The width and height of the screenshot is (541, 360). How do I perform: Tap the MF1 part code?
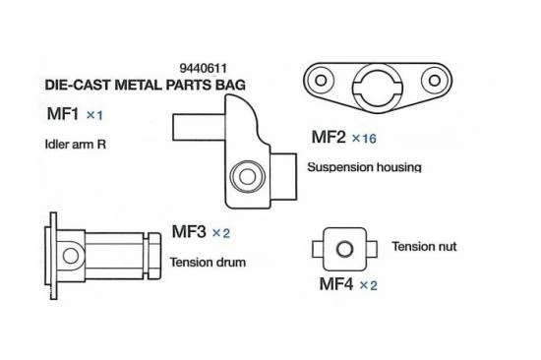(63, 115)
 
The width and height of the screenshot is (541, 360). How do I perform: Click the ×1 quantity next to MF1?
(94, 116)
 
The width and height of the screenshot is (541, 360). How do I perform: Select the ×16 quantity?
(363, 139)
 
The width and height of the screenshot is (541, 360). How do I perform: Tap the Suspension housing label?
(364, 167)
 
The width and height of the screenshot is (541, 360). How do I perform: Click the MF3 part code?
(188, 233)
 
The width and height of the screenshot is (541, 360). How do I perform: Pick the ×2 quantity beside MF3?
(220, 234)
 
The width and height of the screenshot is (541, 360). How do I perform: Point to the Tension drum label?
(207, 263)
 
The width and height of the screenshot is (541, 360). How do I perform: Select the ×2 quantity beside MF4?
(367, 285)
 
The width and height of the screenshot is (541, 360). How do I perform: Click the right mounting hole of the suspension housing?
(430, 82)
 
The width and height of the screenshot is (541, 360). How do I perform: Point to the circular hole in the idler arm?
(240, 177)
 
